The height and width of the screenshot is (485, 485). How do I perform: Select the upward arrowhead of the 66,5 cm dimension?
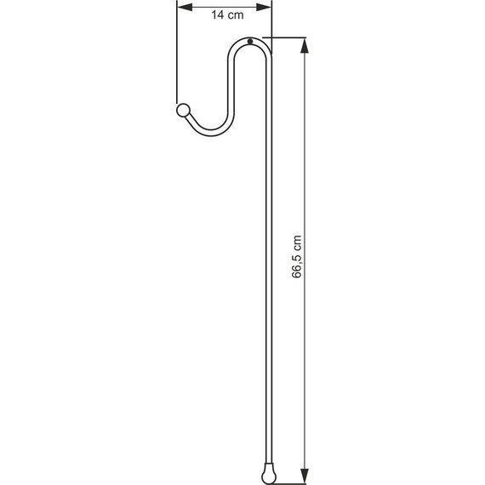point(305,43)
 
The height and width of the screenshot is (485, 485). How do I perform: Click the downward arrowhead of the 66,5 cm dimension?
point(305,477)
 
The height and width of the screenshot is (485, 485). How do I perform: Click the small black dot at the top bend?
point(249,43)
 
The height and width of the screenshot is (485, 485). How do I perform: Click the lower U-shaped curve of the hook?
point(208,132)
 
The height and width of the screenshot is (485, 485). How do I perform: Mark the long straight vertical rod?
point(271,255)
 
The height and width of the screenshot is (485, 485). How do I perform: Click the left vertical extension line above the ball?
point(177,60)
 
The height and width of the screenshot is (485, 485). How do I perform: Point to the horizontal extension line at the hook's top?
point(285,37)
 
